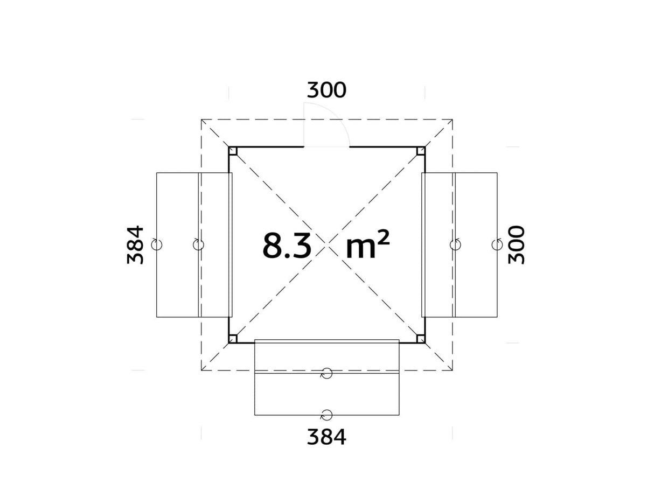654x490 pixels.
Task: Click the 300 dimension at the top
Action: click(x=326, y=90)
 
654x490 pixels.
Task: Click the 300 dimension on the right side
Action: click(x=516, y=244)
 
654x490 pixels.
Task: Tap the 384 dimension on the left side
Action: click(x=135, y=244)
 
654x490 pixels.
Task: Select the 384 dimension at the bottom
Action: click(x=326, y=437)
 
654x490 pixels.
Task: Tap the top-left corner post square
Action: click(x=233, y=151)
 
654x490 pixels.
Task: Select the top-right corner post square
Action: click(x=421, y=151)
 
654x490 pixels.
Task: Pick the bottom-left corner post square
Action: click(x=233, y=339)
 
